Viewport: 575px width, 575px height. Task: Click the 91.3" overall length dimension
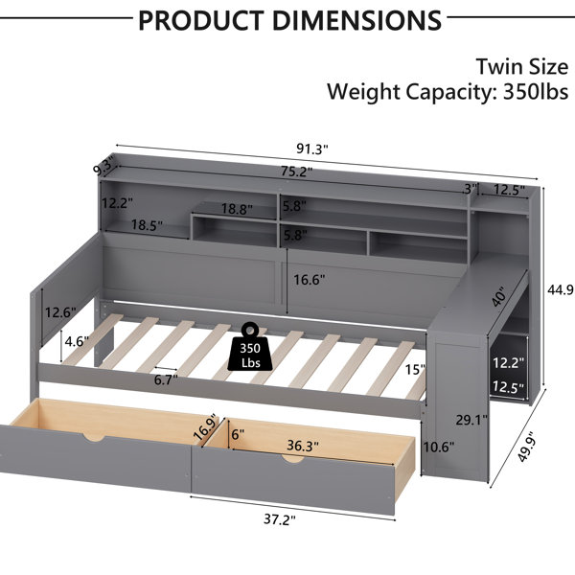312,149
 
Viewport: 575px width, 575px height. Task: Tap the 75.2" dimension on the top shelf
297,172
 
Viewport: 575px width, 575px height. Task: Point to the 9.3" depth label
103,167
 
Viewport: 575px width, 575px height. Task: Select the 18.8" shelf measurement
237,209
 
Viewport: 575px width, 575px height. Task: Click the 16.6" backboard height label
310,280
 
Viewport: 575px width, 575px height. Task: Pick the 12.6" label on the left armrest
60,312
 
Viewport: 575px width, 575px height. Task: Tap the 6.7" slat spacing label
166,379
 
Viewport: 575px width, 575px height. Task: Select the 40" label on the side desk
499,296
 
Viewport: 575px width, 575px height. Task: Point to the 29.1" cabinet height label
471,420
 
